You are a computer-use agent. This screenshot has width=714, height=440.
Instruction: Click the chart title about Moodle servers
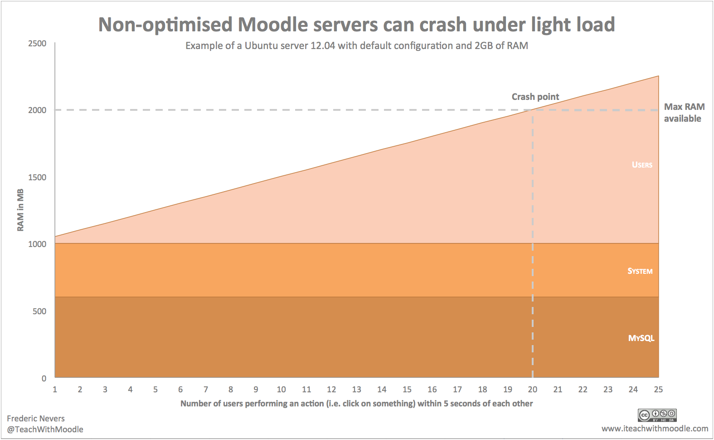[x=356, y=25]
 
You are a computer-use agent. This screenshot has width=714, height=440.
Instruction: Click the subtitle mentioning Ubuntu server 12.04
[x=356, y=46]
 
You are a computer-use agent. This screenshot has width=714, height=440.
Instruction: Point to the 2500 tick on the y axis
[x=37, y=44]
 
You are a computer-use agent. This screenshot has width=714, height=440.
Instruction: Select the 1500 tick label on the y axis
[x=37, y=178]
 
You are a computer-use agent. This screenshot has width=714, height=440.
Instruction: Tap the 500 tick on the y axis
[x=39, y=311]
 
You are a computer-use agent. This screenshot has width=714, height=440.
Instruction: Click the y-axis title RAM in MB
[x=20, y=210]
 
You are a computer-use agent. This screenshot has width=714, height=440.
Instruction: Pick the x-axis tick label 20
[x=533, y=390]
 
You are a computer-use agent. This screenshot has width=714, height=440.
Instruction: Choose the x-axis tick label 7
[x=206, y=390]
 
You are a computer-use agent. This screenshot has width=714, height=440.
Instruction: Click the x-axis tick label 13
[x=357, y=390]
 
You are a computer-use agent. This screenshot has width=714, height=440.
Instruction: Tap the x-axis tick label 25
[x=658, y=390]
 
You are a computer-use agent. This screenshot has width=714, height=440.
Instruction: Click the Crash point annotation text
[x=535, y=97]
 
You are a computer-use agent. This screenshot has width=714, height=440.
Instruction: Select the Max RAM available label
[x=684, y=113]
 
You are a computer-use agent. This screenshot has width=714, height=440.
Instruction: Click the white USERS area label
[x=642, y=165]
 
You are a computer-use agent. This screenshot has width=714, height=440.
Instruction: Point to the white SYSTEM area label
[x=640, y=271]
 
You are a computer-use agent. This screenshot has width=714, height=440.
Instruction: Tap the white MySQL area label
[x=641, y=338]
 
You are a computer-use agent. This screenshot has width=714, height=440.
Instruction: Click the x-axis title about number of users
[x=356, y=404]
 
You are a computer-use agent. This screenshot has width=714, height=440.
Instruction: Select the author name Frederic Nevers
[x=36, y=419]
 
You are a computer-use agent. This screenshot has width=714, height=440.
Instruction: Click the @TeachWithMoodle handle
[x=45, y=430]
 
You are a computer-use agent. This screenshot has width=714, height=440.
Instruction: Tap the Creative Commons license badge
[x=657, y=415]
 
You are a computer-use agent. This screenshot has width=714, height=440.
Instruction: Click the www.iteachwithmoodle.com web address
[x=655, y=429]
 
